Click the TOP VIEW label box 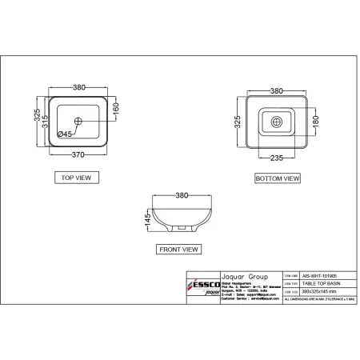pos(77,178)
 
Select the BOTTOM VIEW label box pos(278,178)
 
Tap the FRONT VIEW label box pos(178,250)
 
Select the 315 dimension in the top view pos(47,118)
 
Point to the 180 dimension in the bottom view pos(314,122)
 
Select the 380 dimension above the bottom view pos(278,90)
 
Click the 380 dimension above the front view pos(182,194)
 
